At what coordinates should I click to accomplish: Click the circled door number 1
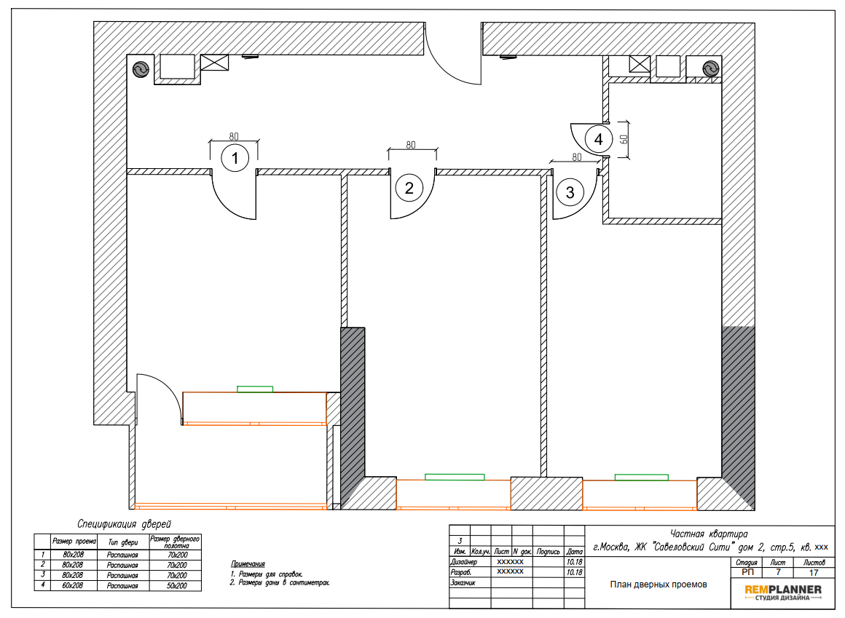pos(235,158)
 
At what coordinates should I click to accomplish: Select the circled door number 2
pos(409,188)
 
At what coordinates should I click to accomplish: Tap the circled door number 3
pos(570,192)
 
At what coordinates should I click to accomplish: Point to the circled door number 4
pos(598,139)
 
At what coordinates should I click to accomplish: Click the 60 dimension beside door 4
pos(624,140)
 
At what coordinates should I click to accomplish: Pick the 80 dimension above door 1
pos(234,136)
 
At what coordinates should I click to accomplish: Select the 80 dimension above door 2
pos(411,145)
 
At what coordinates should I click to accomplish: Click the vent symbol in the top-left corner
pos(141,69)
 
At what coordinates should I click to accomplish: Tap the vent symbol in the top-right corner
pos(711,69)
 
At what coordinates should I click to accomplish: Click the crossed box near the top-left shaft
pos(214,63)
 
